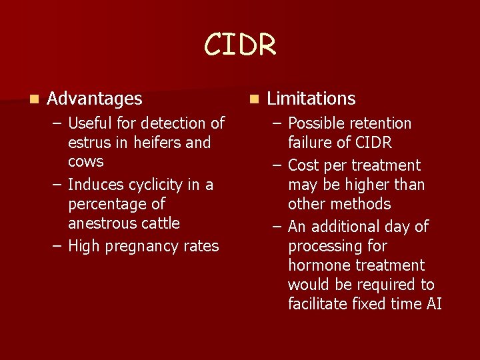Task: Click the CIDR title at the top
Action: click(240, 45)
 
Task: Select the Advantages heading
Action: click(95, 99)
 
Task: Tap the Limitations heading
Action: click(311, 99)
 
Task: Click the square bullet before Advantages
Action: click(33, 99)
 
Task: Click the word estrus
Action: click(89, 143)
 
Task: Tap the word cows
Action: click(86, 162)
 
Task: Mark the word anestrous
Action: click(102, 223)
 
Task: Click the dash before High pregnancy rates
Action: click(55, 246)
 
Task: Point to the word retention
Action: click(378, 123)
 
